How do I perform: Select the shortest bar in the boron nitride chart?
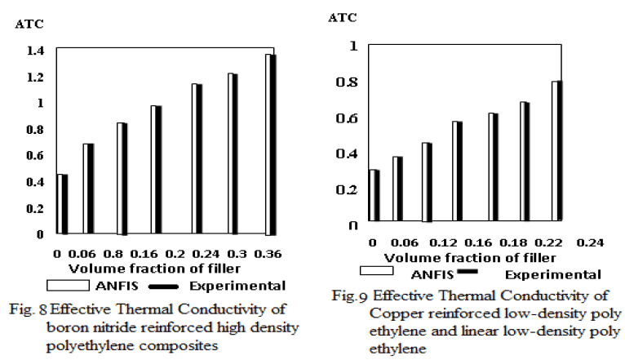pos(62,204)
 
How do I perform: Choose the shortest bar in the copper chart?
pos(374,195)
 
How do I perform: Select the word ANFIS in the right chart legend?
pos(432,274)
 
